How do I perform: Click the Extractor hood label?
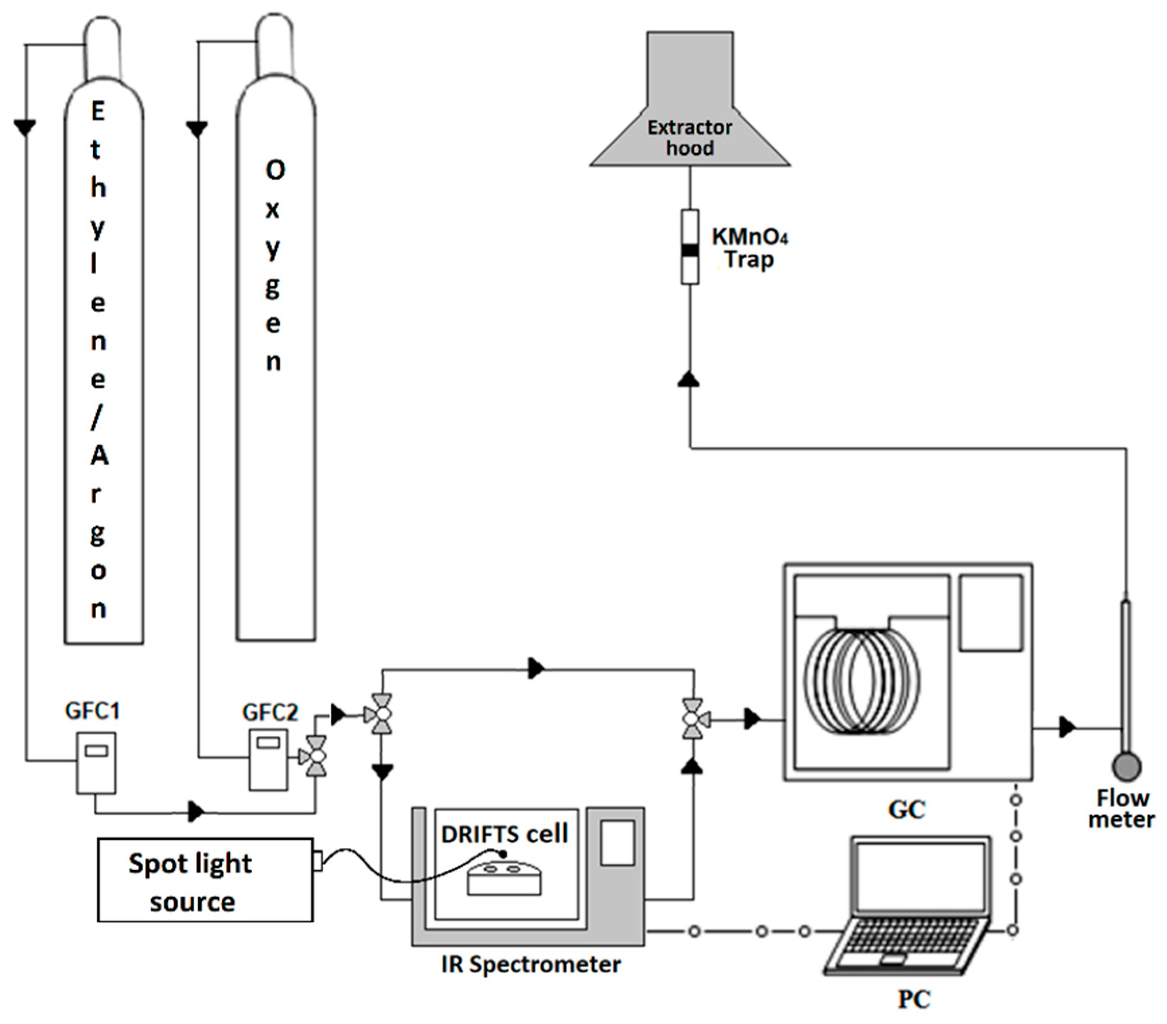689,138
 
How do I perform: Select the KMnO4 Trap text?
750,248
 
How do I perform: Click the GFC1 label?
92,711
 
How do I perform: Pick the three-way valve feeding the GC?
693,719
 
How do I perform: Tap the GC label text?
906,809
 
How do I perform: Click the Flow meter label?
1121,808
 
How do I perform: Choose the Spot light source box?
206,880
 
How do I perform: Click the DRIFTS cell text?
505,834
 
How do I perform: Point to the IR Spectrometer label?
531,964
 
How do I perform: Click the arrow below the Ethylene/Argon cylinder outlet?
24,127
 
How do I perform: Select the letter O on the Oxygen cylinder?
275,169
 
